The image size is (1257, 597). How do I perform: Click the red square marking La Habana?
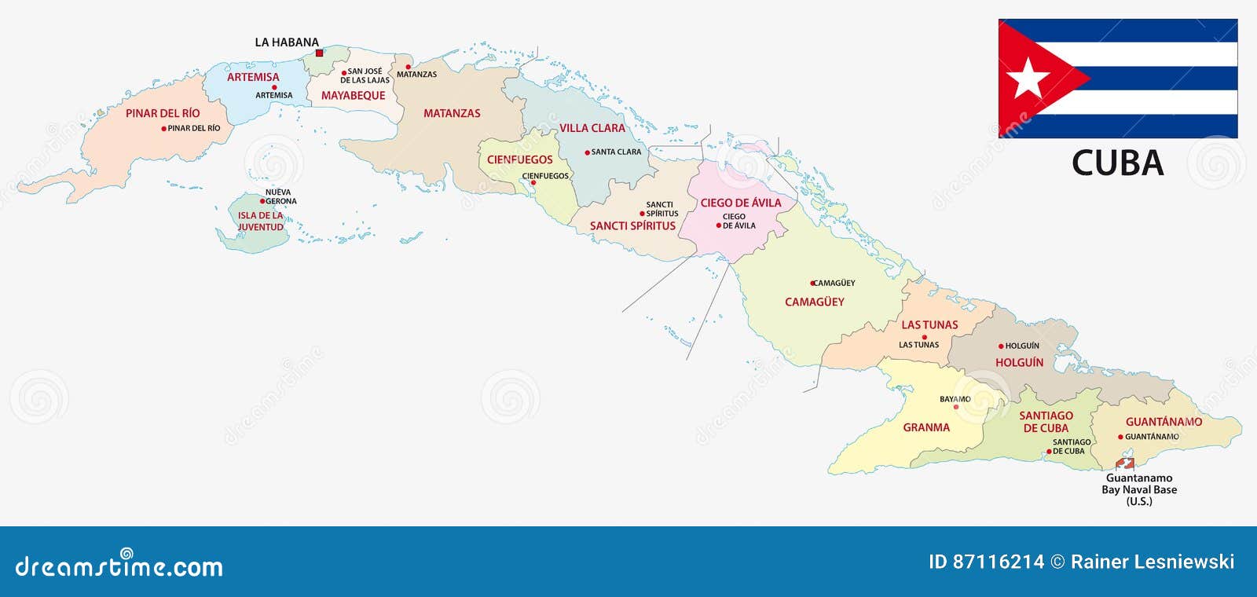319,53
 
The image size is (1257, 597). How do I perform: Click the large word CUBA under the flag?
1117,163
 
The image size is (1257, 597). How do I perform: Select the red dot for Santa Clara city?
587,152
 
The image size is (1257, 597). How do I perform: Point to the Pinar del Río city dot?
163,129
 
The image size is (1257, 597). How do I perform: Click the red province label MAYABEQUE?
353,96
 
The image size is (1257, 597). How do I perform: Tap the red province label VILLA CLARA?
592,128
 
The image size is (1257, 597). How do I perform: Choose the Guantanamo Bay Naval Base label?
1138,489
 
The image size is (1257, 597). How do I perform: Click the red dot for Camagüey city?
813,283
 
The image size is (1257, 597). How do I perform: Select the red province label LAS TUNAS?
929,325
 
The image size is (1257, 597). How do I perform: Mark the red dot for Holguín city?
1001,346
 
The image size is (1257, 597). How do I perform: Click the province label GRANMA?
926,428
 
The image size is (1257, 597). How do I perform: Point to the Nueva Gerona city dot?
262,201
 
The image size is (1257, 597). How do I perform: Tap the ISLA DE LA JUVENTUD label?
260,222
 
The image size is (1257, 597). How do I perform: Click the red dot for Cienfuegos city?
533,183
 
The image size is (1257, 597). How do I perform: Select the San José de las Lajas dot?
344,72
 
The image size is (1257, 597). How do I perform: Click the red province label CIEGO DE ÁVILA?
741,203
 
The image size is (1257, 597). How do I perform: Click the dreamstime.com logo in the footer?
119,566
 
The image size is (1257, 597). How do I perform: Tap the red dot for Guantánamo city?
1120,437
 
